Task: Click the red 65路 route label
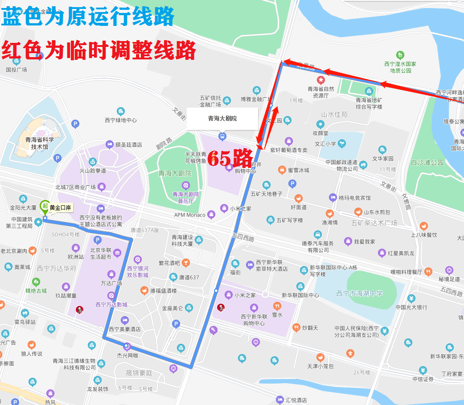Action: (x=230, y=158)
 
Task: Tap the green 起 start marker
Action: (x=45, y=206)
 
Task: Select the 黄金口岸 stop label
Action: (x=61, y=208)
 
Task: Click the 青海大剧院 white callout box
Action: (x=222, y=119)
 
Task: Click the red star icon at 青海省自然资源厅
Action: (x=320, y=80)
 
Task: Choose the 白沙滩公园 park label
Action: (x=427, y=163)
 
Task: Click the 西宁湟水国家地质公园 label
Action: (x=400, y=67)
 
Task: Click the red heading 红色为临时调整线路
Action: (x=99, y=50)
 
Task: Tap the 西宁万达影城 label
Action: (x=111, y=305)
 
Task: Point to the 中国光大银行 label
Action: (x=411, y=307)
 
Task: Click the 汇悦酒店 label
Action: (x=296, y=400)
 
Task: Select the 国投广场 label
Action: (x=16, y=70)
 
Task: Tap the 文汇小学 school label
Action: (x=326, y=144)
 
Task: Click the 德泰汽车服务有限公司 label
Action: (x=317, y=246)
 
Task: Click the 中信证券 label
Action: (x=423, y=379)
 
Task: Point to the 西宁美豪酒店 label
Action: (x=125, y=329)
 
